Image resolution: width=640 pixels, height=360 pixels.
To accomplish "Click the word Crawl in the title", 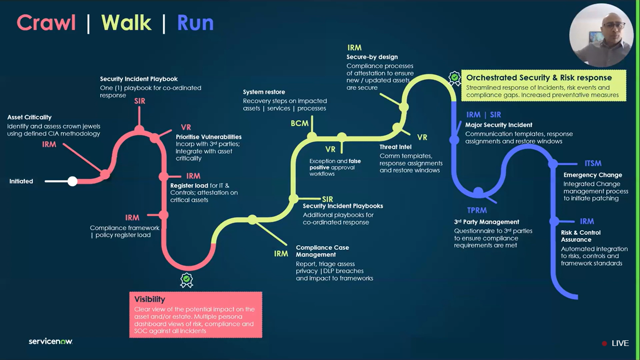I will tap(46, 22).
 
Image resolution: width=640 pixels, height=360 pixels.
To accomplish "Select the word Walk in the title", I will tap(127, 22).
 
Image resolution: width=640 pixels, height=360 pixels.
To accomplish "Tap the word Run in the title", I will tap(195, 22).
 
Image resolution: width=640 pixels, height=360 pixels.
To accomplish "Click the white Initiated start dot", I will tap(72, 181).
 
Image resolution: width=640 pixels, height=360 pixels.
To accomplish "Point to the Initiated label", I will tap(21, 181).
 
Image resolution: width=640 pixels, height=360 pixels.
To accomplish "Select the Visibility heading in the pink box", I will tap(149, 299).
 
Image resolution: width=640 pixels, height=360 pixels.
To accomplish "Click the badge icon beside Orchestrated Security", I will tap(454, 78).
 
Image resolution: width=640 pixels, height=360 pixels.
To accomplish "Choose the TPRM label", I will tap(476, 210).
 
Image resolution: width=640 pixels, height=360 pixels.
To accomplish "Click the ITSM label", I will tap(593, 164).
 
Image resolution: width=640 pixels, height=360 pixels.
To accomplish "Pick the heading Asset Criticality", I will tap(30, 117).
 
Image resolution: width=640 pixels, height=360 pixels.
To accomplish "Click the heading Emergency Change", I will tap(593, 175).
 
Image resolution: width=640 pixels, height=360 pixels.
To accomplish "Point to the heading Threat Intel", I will tap(395, 147).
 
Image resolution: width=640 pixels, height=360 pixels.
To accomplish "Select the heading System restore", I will tap(264, 92).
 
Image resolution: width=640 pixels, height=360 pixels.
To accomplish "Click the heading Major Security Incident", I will tap(499, 125).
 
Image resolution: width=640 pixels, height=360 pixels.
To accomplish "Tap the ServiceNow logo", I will tap(51, 341).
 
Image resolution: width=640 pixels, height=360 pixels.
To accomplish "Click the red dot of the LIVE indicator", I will tap(604, 344).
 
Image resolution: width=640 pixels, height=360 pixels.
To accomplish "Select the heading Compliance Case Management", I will tap(322, 251).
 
